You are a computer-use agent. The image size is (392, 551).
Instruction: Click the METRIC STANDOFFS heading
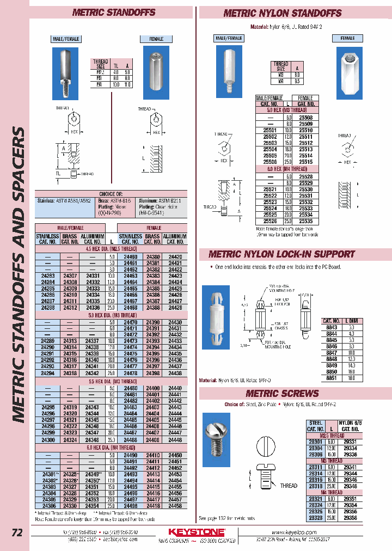[x=114, y=13]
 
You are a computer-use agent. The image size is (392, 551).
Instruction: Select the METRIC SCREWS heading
[x=282, y=394]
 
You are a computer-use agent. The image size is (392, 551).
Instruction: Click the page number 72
[x=17, y=533]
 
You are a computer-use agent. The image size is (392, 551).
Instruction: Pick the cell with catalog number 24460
[x=130, y=256]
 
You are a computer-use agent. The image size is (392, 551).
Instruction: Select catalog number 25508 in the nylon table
[x=305, y=117]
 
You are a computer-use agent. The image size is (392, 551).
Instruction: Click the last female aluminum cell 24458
[x=175, y=505]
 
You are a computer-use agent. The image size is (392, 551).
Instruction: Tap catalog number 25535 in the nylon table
[x=305, y=222]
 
